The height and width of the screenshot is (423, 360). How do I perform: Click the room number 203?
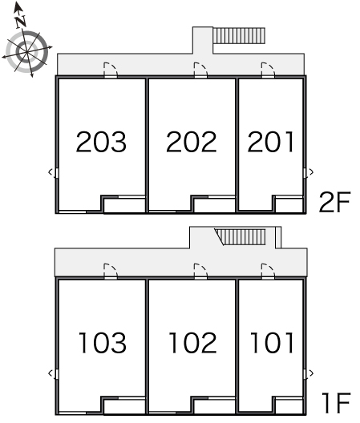tap(101, 142)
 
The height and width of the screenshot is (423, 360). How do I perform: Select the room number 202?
tap(191, 142)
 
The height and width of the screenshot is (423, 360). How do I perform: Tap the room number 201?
tap(271, 142)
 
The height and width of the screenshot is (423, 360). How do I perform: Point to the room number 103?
tap(103, 343)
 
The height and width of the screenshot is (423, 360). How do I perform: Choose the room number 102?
tap(192, 343)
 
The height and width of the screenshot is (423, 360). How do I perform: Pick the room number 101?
tap(272, 343)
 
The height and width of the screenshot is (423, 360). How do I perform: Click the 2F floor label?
tap(334, 202)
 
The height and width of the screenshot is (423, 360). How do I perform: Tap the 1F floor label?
tap(336, 403)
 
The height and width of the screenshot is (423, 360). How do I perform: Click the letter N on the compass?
tap(21, 22)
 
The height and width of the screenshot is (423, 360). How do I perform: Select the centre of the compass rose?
tap(26, 51)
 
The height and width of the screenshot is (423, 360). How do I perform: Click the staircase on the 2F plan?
tap(239, 35)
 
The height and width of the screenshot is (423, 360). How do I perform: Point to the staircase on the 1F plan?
tap(240, 237)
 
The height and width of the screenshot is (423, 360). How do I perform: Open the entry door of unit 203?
tap(111, 70)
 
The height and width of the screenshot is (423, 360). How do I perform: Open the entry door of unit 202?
tap(200, 70)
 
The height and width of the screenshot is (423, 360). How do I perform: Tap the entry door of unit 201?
tap(268, 70)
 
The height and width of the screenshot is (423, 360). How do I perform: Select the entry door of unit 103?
tap(111, 272)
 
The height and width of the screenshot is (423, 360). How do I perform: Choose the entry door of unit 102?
tap(200, 272)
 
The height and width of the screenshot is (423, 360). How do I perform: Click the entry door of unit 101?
tap(268, 272)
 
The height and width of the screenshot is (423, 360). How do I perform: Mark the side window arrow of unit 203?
tap(51, 172)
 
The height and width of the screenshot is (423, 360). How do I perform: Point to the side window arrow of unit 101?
tap(311, 373)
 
